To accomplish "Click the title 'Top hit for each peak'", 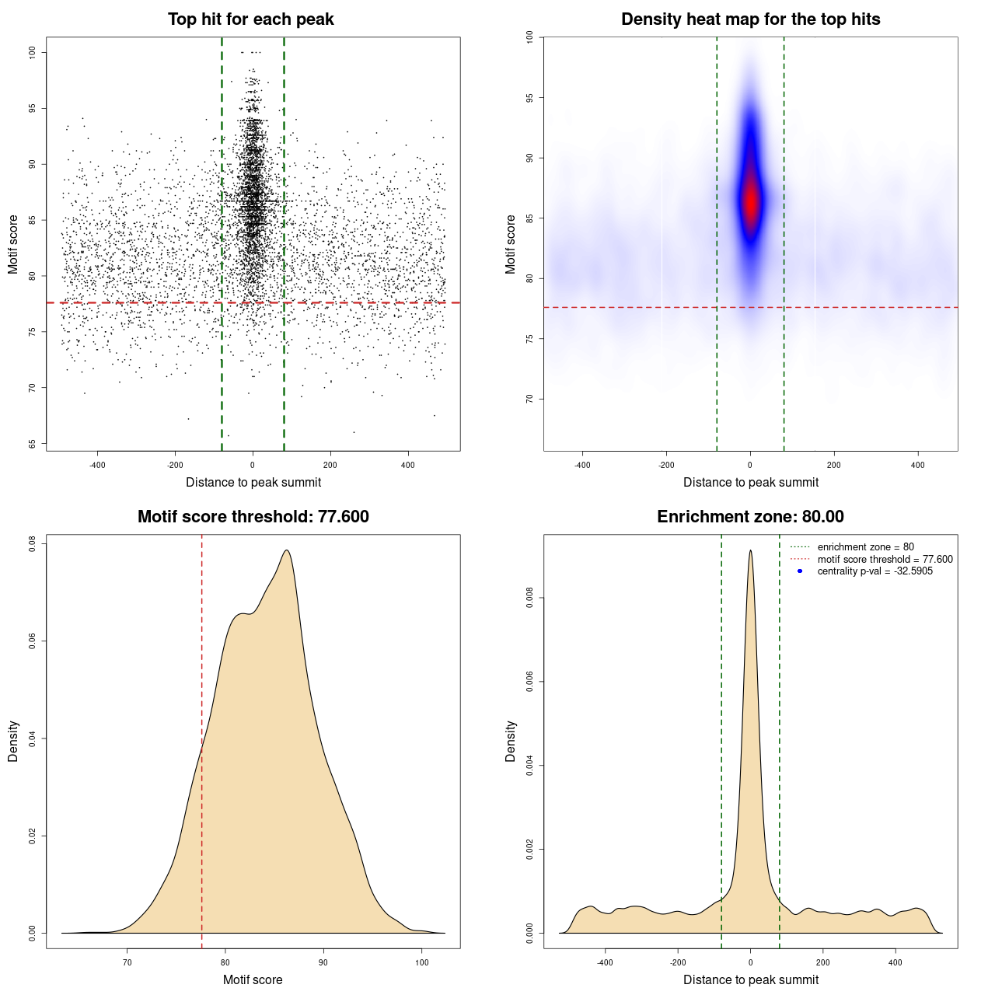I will tap(250, 19).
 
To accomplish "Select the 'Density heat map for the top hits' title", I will tap(750, 19).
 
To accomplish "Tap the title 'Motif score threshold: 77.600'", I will tap(253, 517).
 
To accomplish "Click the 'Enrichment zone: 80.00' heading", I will tap(750, 517).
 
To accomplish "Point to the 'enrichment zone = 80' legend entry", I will tap(865, 547).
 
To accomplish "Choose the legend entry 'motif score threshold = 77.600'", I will tap(885, 559).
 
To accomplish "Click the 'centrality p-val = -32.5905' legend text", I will tap(875, 571).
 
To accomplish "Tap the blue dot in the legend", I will tap(800, 571).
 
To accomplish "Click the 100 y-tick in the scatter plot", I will tap(32, 52).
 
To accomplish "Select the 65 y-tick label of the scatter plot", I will tap(32, 444).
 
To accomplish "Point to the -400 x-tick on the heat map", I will tap(582, 466).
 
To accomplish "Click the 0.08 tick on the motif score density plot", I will tap(32, 543).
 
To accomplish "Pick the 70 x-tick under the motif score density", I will tap(127, 962).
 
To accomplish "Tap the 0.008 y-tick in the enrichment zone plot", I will tap(529, 598).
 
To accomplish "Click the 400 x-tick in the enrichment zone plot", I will tap(895, 962).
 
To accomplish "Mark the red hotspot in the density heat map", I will tap(750, 202).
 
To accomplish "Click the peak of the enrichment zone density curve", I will tap(750, 551).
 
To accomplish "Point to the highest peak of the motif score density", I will tap(288, 551).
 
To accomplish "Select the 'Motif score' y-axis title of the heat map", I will tap(511, 244).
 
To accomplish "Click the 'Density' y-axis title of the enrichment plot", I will tap(511, 741).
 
